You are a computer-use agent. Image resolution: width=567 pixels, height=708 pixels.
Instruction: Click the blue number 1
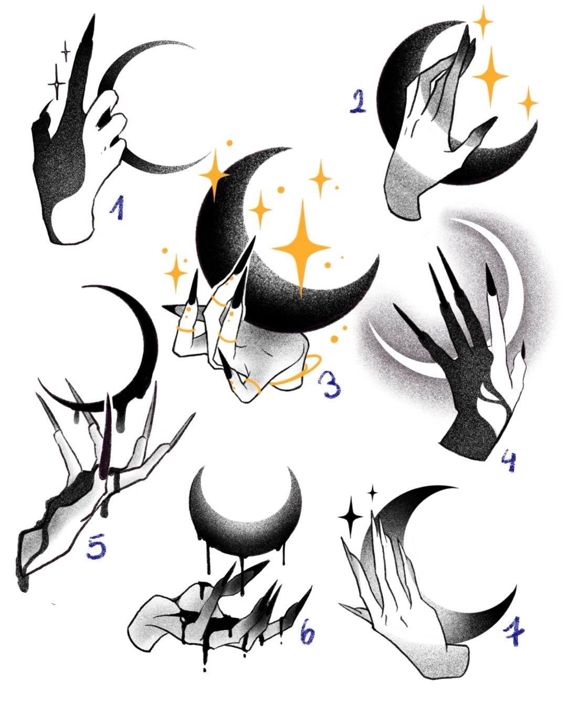click(118, 207)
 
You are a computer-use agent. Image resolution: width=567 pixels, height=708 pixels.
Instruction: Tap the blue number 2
click(358, 101)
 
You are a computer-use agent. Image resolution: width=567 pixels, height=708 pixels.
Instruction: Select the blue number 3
click(329, 384)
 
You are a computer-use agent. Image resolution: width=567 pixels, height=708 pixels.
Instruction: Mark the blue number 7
click(513, 636)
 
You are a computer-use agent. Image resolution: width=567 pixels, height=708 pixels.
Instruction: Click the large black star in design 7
click(350, 518)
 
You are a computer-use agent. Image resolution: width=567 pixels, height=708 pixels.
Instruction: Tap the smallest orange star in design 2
click(528, 103)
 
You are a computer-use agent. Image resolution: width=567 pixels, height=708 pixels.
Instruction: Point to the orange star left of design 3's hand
click(176, 273)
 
